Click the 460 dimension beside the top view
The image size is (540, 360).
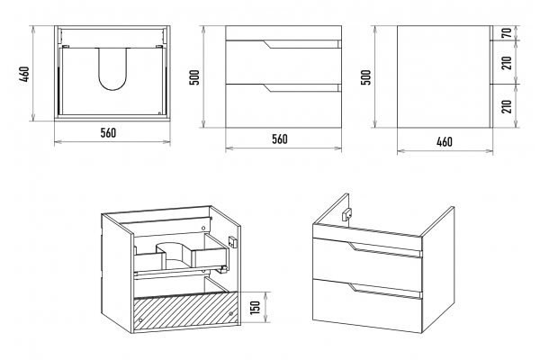click(x=25, y=74)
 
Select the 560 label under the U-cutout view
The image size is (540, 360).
click(x=109, y=132)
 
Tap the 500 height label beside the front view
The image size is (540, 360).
click(x=194, y=77)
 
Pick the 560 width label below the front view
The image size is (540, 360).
click(x=280, y=139)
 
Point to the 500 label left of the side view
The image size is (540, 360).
click(x=366, y=77)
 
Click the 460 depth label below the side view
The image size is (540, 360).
click(x=445, y=141)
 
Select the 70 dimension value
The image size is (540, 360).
click(x=507, y=33)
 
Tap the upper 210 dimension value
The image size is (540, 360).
click(x=507, y=62)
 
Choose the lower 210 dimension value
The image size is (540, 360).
click(x=507, y=106)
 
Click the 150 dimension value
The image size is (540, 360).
click(x=255, y=307)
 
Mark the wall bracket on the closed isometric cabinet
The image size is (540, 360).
click(x=346, y=214)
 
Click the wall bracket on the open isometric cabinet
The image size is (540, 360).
click(x=233, y=241)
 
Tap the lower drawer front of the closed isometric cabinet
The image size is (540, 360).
click(x=367, y=305)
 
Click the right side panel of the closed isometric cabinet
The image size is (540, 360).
click(x=438, y=270)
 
